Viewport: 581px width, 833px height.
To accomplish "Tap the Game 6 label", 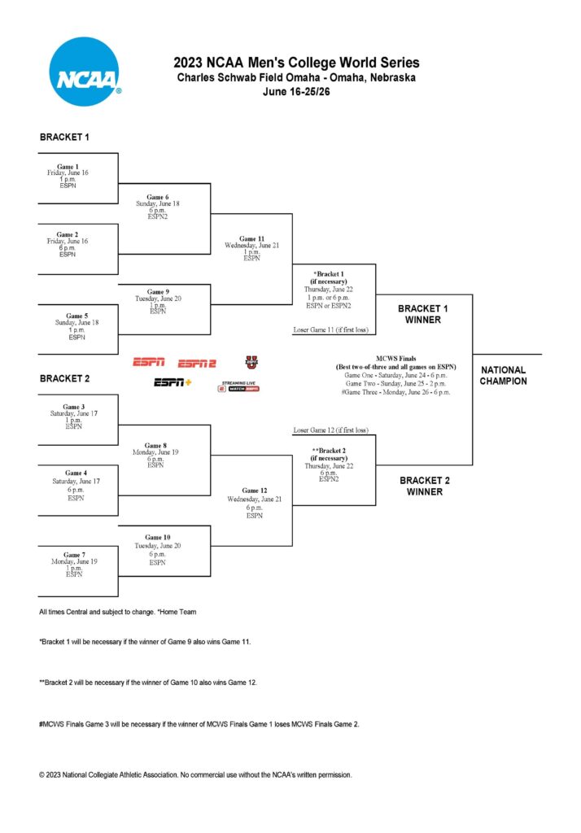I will pyautogui.click(x=158, y=197).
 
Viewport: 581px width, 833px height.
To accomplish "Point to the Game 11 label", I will pyautogui.click(x=251, y=239).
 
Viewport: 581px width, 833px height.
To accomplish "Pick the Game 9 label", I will pyautogui.click(x=158, y=291).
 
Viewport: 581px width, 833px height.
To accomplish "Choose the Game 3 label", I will pyautogui.click(x=74, y=407).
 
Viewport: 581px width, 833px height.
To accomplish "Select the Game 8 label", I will pyautogui.click(x=156, y=446).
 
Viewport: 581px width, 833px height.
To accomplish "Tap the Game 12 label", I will pyautogui.click(x=254, y=491).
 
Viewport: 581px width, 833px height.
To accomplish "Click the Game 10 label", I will pyautogui.click(x=158, y=538).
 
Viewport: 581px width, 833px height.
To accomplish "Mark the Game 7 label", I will pyautogui.click(x=74, y=555).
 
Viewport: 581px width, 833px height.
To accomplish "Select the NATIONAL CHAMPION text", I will pyautogui.click(x=503, y=375).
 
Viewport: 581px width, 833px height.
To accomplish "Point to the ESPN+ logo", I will pyautogui.click(x=173, y=382).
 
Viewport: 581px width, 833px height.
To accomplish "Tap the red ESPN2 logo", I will pyautogui.click(x=197, y=363).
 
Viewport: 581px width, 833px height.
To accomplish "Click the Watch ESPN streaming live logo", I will pyautogui.click(x=238, y=386).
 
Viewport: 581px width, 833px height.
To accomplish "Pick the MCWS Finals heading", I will pyautogui.click(x=395, y=357).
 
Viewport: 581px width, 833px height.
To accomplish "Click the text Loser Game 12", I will pyautogui.click(x=330, y=430).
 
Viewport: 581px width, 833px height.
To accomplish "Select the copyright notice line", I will pyautogui.click(x=195, y=774).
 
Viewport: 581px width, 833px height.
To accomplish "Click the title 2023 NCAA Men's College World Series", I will pyautogui.click(x=296, y=63).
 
